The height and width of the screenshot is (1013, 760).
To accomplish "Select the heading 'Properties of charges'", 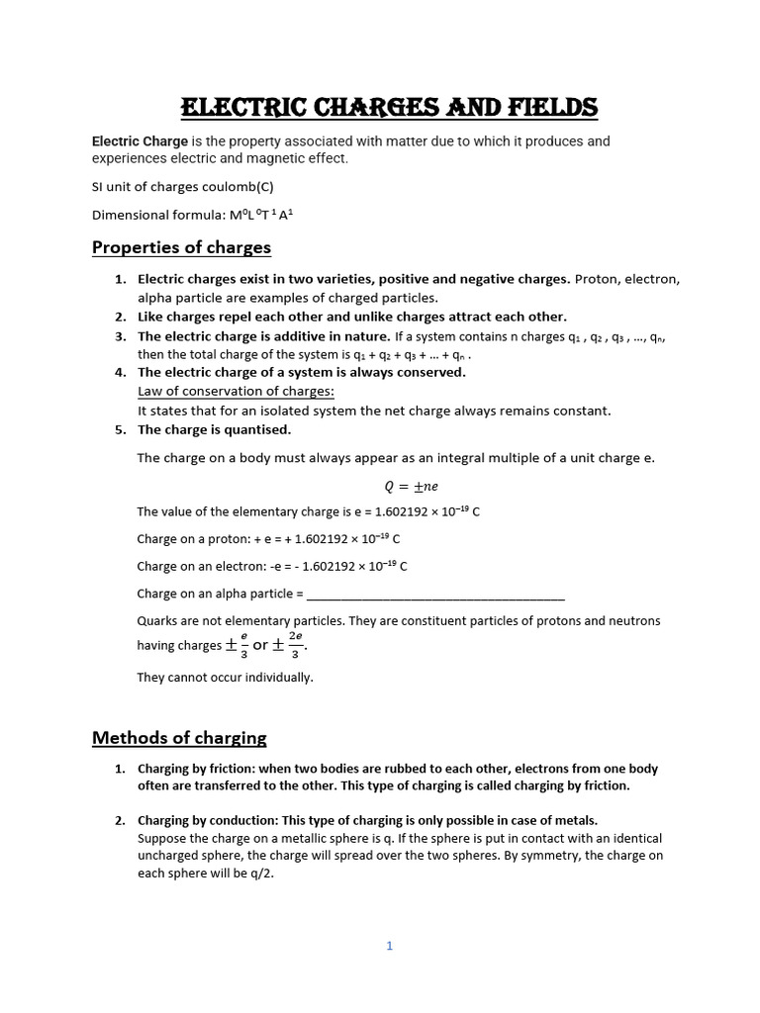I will [181, 247].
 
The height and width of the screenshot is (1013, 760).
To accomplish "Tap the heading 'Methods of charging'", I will [179, 737].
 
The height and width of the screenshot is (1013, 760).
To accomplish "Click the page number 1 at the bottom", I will [390, 946].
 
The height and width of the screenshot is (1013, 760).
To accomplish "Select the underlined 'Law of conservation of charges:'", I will [222, 391].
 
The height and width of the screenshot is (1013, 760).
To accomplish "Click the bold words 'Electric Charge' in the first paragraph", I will [140, 141].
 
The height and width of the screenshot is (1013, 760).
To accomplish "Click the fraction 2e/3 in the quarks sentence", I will [295, 645].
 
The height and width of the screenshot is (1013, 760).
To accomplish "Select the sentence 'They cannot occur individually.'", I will [225, 678].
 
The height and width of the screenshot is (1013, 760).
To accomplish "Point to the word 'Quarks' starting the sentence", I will [158, 620].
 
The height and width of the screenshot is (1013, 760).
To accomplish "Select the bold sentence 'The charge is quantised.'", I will [215, 429].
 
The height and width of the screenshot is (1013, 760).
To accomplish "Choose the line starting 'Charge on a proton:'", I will [268, 539].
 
